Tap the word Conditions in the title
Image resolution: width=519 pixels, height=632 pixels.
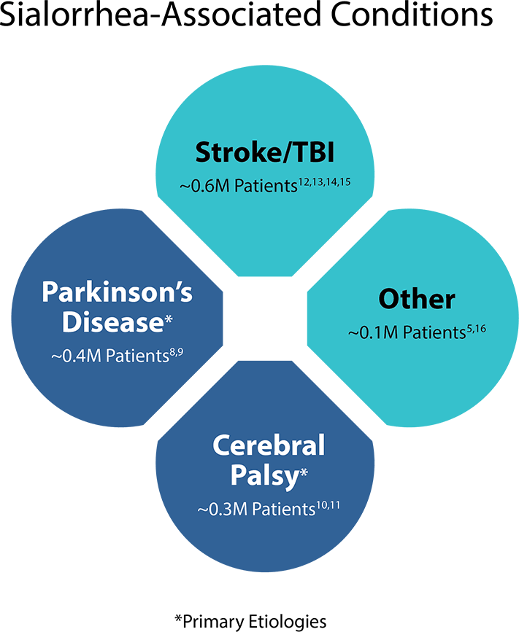pyautogui.click(x=412, y=14)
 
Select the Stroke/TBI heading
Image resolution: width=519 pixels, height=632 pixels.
pyautogui.click(x=265, y=152)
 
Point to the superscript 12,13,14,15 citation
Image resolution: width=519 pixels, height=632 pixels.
pyautogui.click(x=324, y=182)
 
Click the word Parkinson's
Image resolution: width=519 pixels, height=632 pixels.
pyautogui.click(x=117, y=292)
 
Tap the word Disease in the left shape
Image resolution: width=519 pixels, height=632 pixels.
pyautogui.click(x=112, y=322)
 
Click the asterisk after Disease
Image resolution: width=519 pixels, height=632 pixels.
pyautogui.click(x=169, y=319)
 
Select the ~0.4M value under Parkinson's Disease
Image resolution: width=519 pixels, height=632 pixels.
pyautogui.click(x=76, y=356)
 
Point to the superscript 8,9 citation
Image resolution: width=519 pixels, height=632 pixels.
pyautogui.click(x=177, y=353)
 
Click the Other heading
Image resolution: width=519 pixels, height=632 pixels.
pyautogui.click(x=417, y=299)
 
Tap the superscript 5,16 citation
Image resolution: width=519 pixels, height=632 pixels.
pyautogui.click(x=476, y=329)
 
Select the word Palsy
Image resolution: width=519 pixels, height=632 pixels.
pyautogui.click(x=265, y=477)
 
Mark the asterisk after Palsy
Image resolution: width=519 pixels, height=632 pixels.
pyautogui.click(x=304, y=472)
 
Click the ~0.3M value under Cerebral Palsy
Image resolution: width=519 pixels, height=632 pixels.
pyautogui.click(x=223, y=510)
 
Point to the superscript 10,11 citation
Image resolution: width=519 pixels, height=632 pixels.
pyautogui.click(x=328, y=505)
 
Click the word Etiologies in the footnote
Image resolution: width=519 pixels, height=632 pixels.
pyautogui.click(x=287, y=621)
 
